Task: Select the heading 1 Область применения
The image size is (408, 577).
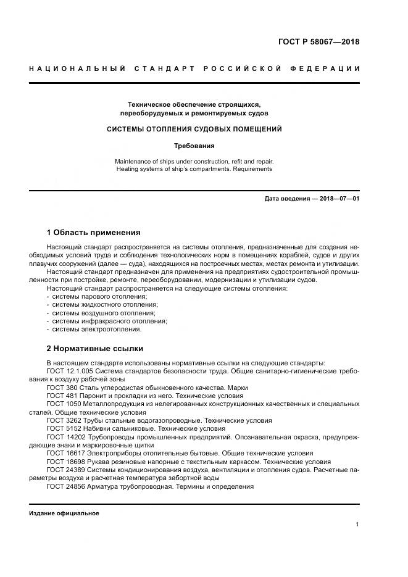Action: (93, 233)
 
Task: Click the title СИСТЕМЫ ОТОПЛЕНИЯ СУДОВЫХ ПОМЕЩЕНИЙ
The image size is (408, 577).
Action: (194, 130)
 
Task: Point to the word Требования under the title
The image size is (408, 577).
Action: (194, 146)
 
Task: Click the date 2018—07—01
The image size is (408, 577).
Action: (338, 199)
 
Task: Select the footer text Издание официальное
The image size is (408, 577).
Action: (64, 513)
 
